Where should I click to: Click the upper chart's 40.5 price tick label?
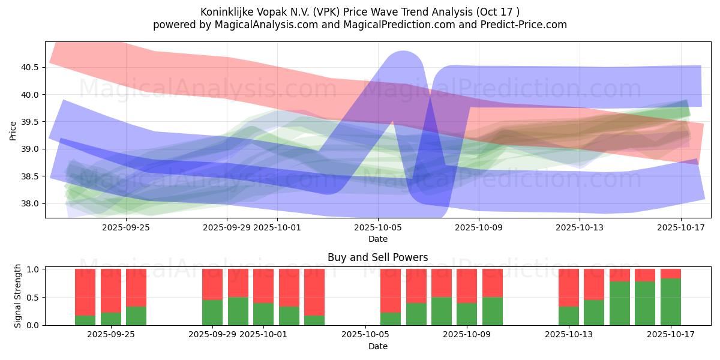tap(29, 67)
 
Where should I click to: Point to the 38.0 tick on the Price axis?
tap(29, 203)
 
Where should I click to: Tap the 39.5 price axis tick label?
tap(29, 122)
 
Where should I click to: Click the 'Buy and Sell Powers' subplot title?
tap(377, 257)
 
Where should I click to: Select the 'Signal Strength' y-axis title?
tap(17, 296)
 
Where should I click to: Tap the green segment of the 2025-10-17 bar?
tap(670, 302)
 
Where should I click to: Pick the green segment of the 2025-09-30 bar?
tap(238, 311)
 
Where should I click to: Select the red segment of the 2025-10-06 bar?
tap(391, 290)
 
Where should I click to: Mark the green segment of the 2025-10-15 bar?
tap(619, 303)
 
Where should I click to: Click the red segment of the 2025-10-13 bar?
tap(569, 287)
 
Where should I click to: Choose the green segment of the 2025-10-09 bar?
tap(492, 311)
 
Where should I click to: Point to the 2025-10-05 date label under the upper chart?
tap(377, 228)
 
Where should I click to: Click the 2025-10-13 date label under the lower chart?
tap(569, 335)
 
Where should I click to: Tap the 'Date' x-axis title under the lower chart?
tap(377, 346)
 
